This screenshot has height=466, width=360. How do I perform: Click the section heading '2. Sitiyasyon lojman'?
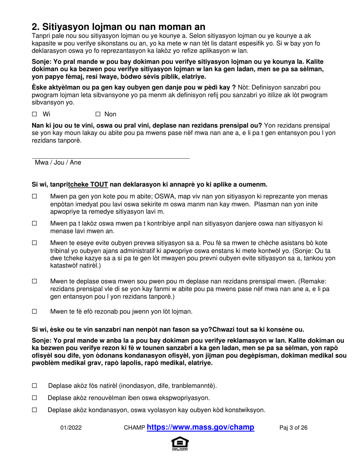click(119, 27)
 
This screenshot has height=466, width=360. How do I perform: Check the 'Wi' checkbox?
click(34, 114)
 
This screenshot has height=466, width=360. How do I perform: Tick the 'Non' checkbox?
click(98, 114)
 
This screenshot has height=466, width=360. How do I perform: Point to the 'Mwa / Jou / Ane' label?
click(58, 163)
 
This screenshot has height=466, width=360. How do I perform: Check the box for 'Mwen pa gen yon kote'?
click(34, 197)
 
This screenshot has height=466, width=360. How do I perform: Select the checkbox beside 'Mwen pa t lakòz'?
click(34, 224)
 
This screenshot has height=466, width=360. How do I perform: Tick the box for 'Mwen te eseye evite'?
click(34, 243)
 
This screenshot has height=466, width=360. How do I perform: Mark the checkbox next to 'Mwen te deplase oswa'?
click(34, 281)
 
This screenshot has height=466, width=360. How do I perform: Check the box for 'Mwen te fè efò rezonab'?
click(34, 312)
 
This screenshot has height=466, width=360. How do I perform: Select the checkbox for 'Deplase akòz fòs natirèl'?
click(34, 386)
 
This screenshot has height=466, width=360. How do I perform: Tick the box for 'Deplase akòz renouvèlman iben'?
click(34, 398)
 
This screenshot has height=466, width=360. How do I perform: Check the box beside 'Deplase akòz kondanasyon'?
click(34, 410)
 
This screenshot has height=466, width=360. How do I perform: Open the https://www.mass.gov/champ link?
click(200, 427)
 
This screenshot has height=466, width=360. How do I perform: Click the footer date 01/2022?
click(71, 428)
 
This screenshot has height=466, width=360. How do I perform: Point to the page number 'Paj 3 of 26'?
click(293, 428)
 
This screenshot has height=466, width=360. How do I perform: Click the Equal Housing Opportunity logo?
click(180, 444)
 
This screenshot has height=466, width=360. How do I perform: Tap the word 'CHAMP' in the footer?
click(135, 428)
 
